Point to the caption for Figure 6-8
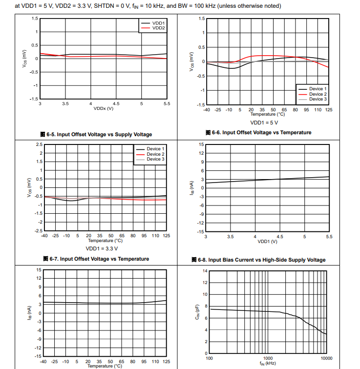click(x=262, y=260)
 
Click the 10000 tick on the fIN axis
click(x=326, y=358)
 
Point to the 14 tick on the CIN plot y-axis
click(x=205, y=271)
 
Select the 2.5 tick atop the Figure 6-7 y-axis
click(x=39, y=144)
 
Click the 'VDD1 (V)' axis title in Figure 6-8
click(x=267, y=241)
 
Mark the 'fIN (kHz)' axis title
click(x=267, y=363)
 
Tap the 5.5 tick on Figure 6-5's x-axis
click(x=167, y=103)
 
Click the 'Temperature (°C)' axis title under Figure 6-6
click(x=267, y=114)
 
